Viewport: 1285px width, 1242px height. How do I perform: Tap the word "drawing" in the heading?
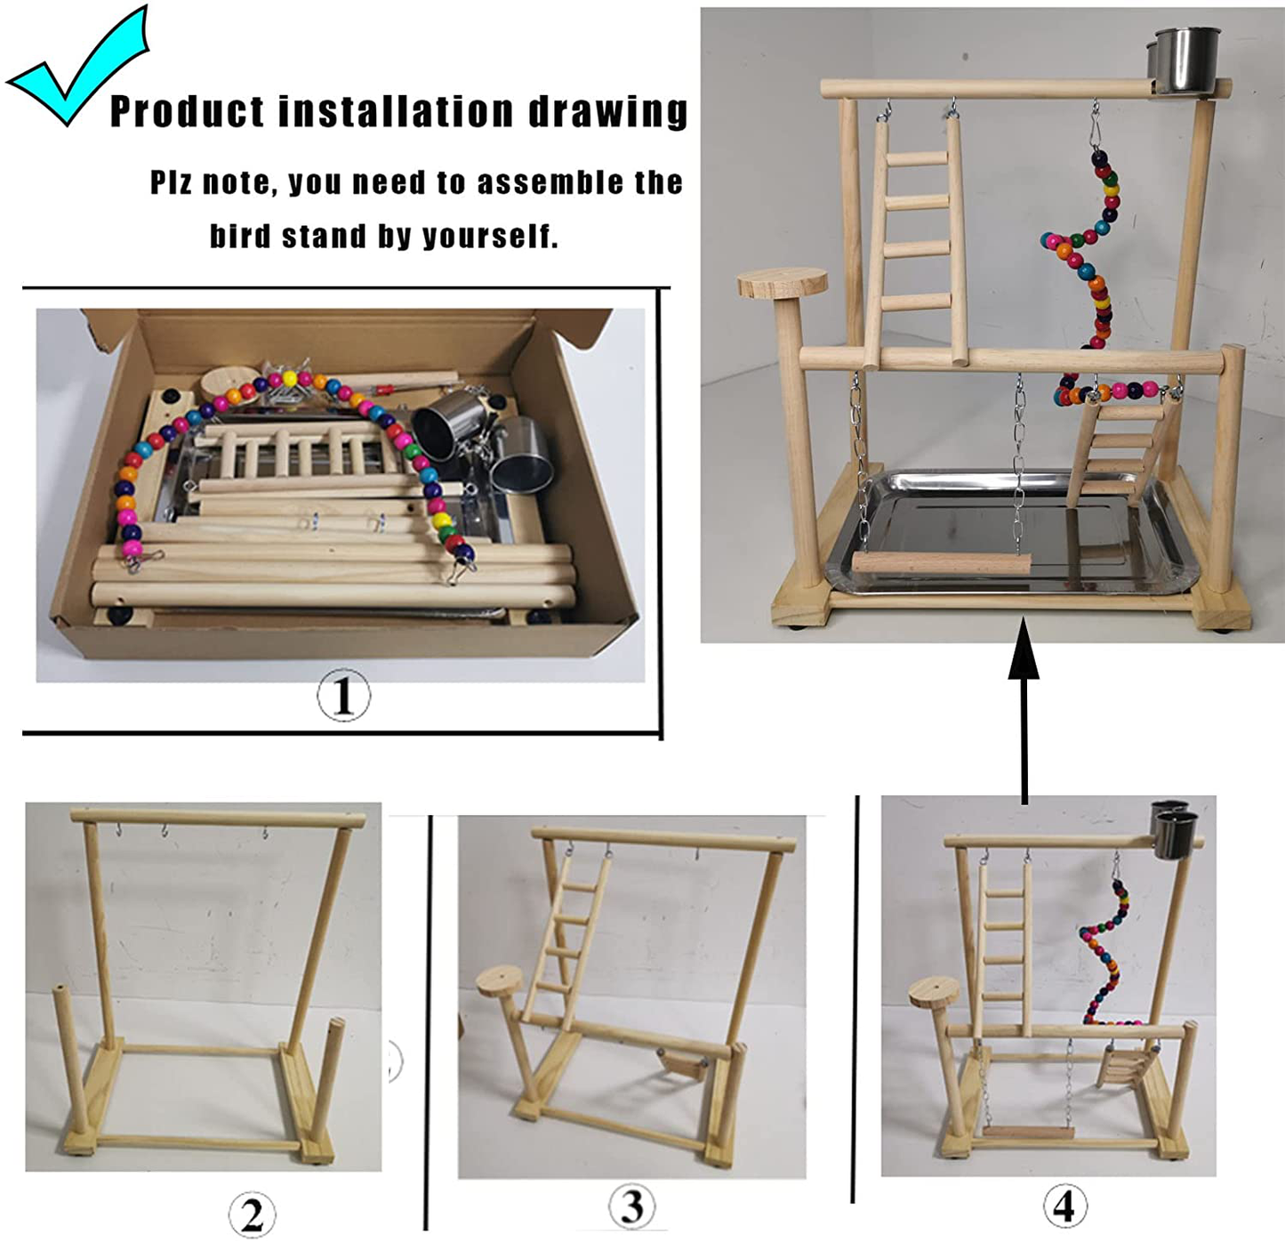(608, 112)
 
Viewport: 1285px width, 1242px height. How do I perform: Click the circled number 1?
(343, 695)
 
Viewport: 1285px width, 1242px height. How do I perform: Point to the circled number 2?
(252, 1214)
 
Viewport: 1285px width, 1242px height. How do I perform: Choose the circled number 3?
(631, 1207)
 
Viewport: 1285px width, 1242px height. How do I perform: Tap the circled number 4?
(1064, 1207)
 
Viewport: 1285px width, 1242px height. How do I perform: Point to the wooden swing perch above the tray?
(941, 563)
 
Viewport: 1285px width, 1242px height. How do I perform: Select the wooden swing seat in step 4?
(1029, 1133)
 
